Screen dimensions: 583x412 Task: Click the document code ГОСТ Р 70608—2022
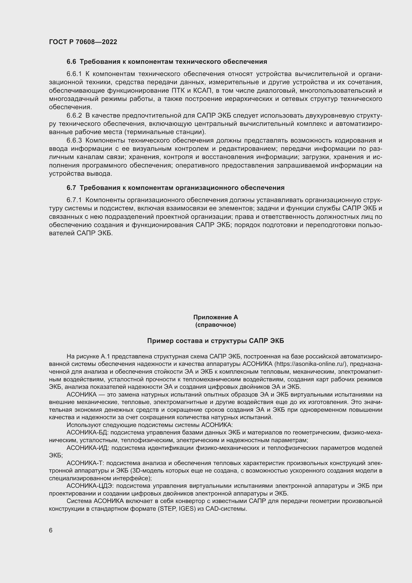[x=83, y=42]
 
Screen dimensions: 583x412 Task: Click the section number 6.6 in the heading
[x=71, y=62]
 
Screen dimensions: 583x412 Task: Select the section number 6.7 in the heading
[x=71, y=188]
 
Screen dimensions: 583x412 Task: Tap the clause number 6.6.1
[x=74, y=74]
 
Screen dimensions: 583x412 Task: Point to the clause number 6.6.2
[x=74, y=116]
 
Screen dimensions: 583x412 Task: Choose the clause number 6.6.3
[x=74, y=140]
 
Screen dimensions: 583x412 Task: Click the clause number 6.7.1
[x=74, y=200]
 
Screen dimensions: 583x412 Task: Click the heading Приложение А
[x=215, y=317]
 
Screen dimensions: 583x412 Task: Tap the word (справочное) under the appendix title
[x=215, y=325]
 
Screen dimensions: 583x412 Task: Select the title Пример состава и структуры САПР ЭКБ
[x=215, y=341]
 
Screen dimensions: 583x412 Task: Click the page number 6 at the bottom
[x=51, y=530]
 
